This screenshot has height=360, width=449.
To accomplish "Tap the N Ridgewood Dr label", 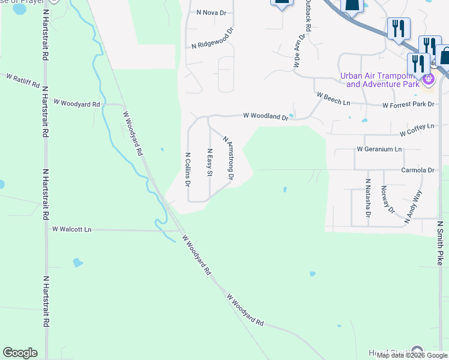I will coord(212,38).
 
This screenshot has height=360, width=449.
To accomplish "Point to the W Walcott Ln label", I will coord(71,229).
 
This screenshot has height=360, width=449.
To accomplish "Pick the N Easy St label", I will coord(209,163).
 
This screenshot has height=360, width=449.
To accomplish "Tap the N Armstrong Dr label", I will coord(228,157).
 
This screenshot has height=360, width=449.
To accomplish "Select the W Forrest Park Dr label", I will coord(408,104).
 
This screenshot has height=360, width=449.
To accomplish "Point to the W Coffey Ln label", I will coord(417,128).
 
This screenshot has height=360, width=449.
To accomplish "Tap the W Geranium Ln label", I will coord(378,148).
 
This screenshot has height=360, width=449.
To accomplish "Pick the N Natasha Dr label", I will coord(368,197).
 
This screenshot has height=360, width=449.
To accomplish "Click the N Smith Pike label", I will coord(439,243).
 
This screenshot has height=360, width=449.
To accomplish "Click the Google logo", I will coord(20,353).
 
